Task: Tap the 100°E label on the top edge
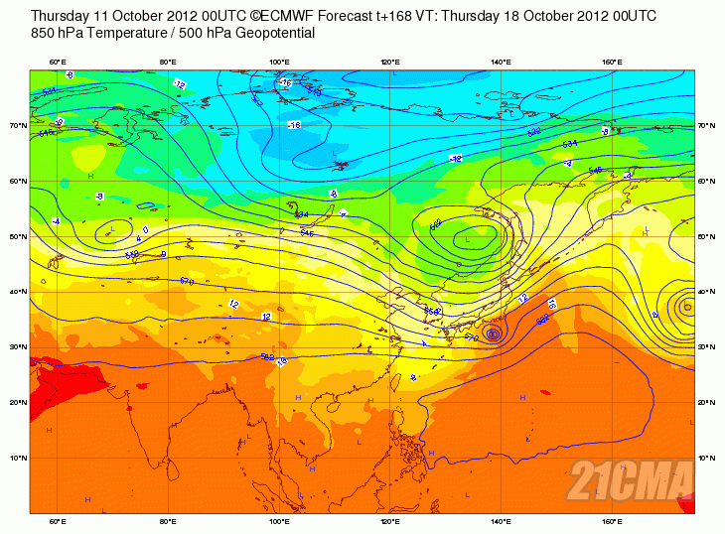pyautogui.click(x=279, y=63)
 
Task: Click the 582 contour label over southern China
pyautogui.click(x=267, y=357)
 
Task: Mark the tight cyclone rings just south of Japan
pyautogui.click(x=495, y=334)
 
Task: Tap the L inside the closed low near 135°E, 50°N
pyautogui.click(x=467, y=239)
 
